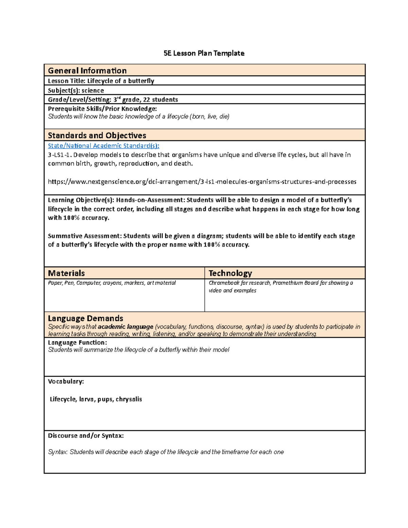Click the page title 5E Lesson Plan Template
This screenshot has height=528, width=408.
click(x=204, y=53)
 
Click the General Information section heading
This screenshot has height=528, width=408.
click(x=87, y=71)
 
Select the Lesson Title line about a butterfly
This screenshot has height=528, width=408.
click(x=101, y=81)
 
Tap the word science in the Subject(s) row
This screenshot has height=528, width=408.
click(x=92, y=90)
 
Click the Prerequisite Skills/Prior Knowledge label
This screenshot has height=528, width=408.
click(x=102, y=109)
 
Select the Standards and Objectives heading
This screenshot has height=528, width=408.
click(x=97, y=135)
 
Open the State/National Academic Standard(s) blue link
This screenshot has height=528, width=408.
click(x=103, y=146)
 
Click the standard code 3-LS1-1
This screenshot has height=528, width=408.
click(x=60, y=155)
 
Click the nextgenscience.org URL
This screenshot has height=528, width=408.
click(x=202, y=182)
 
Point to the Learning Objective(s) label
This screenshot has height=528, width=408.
click(x=81, y=200)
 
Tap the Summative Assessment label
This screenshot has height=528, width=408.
click(x=84, y=236)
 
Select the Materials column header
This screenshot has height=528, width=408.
click(x=66, y=273)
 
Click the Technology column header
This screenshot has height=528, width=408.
click(x=230, y=273)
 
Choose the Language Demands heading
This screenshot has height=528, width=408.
click(x=85, y=318)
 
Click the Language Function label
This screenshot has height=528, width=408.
click(x=77, y=343)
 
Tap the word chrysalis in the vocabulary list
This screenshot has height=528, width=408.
click(x=129, y=399)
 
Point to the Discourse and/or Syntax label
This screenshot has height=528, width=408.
click(x=86, y=436)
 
